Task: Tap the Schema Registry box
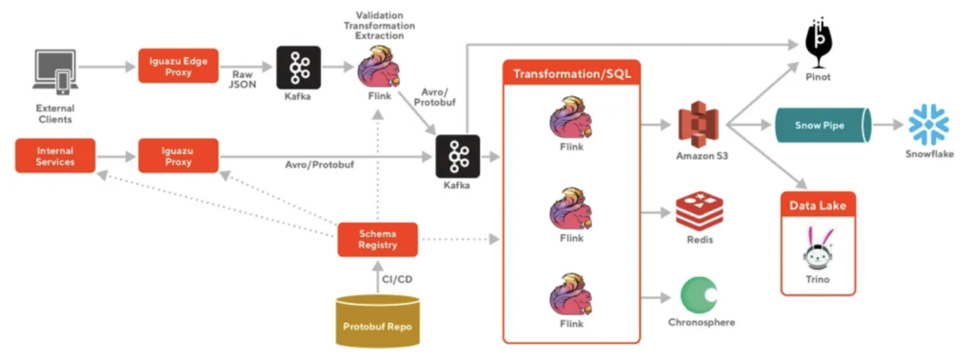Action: (378, 239)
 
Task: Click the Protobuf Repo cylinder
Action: (378, 318)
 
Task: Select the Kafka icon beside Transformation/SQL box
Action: (455, 155)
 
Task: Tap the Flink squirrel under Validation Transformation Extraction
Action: (378, 69)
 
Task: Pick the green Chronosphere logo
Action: (701, 294)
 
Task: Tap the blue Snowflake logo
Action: (928, 125)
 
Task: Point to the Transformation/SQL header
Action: (569, 74)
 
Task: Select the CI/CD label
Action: (397, 280)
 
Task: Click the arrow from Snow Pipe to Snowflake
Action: (890, 125)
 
